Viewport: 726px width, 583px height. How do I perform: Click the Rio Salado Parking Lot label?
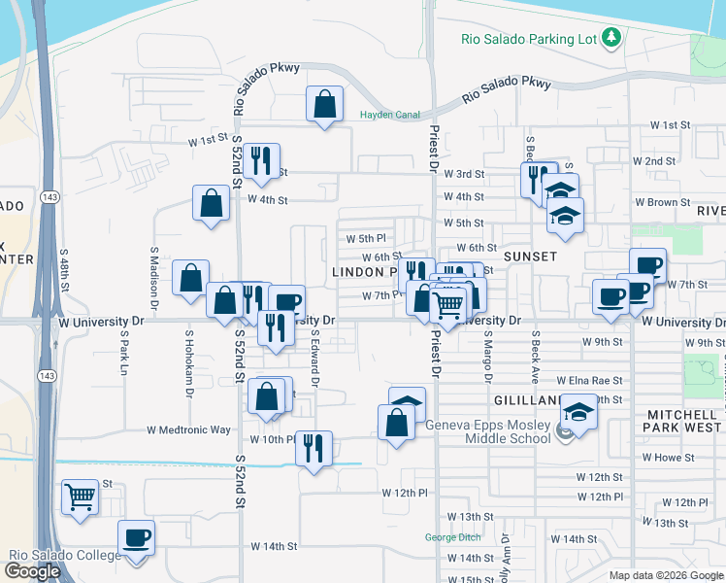(x=529, y=40)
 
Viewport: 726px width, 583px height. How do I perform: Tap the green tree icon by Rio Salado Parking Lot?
(x=611, y=39)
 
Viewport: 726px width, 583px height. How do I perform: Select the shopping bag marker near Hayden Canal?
(x=324, y=104)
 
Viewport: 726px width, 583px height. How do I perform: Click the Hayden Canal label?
(x=389, y=115)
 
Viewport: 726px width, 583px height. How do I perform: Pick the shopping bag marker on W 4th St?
(x=211, y=204)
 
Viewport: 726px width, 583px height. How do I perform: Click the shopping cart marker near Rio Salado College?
(x=81, y=497)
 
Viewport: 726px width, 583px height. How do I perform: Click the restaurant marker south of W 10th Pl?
(x=313, y=449)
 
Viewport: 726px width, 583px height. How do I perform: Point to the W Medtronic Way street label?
(x=188, y=429)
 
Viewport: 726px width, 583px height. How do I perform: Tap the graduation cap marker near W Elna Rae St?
(x=578, y=412)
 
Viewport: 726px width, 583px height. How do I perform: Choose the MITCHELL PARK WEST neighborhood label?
(x=683, y=421)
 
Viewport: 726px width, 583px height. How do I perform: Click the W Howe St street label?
(x=663, y=458)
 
